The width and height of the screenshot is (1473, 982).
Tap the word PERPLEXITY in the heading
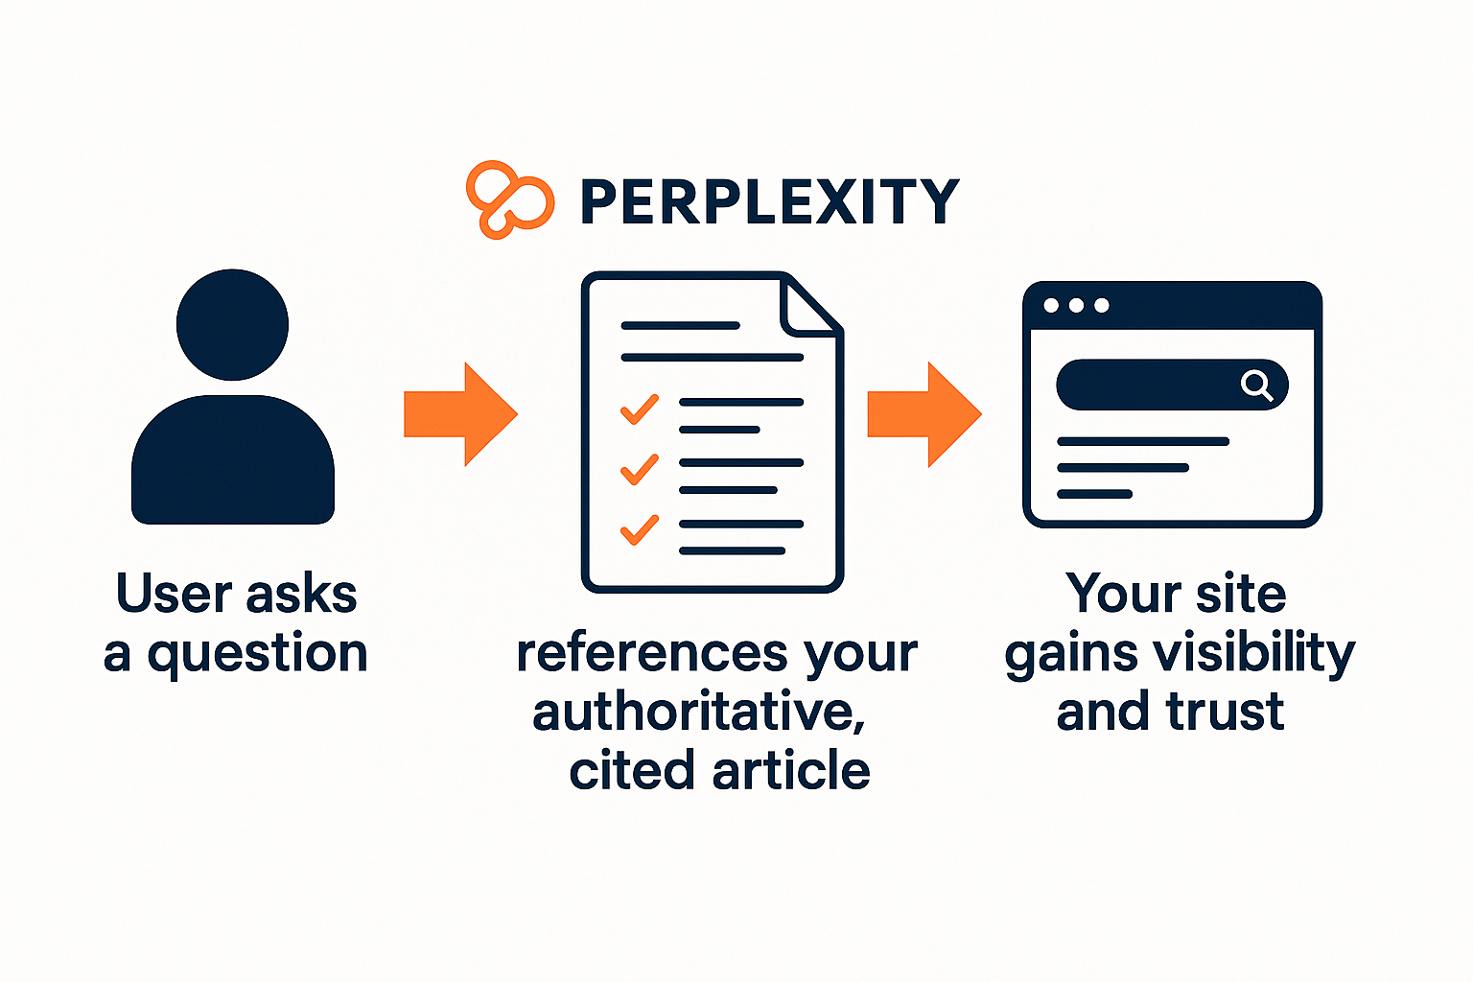click(770, 202)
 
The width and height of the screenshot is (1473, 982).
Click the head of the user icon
click(232, 324)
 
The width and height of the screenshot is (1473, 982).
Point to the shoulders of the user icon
click(233, 459)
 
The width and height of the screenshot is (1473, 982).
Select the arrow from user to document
click(461, 414)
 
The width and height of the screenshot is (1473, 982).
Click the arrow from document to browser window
click(924, 414)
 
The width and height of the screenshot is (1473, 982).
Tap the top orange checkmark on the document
click(640, 409)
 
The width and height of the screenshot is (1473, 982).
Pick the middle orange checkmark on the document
click(640, 470)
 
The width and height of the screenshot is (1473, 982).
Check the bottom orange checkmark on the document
click(640, 530)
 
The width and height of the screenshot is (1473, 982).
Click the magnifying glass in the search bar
click(1256, 385)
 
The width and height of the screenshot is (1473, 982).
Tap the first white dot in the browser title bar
click(1051, 305)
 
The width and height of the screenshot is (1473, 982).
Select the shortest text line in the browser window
click(1094, 494)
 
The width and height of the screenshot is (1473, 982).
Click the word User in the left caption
click(173, 593)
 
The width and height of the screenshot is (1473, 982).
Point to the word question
click(257, 653)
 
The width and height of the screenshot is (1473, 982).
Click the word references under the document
click(652, 654)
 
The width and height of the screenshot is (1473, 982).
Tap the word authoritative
click(698, 713)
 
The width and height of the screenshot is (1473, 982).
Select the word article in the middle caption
click(792, 771)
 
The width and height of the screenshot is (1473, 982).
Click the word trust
click(1225, 712)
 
